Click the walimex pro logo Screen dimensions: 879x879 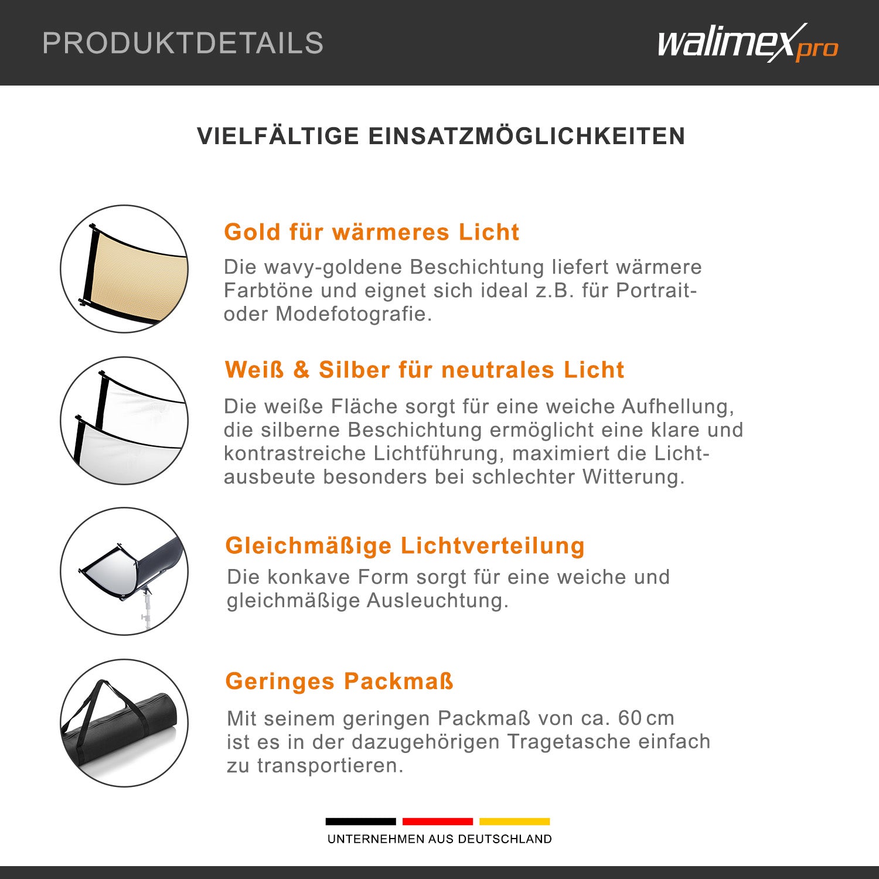point(748,43)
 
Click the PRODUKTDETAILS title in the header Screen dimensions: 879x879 point(183,43)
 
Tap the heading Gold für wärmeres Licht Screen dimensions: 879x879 point(372,232)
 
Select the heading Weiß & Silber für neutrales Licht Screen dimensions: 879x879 point(424,370)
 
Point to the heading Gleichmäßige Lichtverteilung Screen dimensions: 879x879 point(405,546)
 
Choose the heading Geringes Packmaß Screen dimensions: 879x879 point(339,681)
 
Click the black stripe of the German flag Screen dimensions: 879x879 point(360,822)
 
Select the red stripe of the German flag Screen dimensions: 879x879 point(438,822)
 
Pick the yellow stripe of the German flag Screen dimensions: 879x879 point(515,822)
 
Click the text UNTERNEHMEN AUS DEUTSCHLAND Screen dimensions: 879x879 point(439,839)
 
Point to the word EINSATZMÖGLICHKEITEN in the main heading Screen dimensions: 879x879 point(527,136)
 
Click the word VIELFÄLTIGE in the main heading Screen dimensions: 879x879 point(278,136)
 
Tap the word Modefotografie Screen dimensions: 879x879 point(353,314)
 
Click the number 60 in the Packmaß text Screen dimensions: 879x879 point(630,718)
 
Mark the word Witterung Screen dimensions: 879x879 point(633,477)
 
